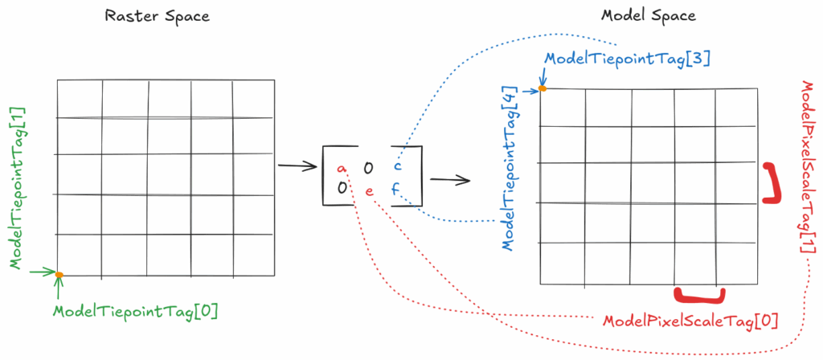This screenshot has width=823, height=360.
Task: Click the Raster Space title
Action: [158, 16]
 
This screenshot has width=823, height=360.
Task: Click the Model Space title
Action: [649, 16]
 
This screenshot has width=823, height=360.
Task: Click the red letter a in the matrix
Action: [342, 168]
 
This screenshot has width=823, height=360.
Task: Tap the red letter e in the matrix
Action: [369, 191]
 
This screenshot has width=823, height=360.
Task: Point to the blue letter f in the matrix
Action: [395, 190]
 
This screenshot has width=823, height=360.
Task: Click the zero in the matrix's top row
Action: [368, 167]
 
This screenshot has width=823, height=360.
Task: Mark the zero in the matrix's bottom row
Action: [342, 188]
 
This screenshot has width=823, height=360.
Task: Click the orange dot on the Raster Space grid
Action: [59, 275]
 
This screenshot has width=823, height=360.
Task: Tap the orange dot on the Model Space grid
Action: [543, 88]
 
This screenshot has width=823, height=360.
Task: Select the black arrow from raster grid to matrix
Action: [296, 167]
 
